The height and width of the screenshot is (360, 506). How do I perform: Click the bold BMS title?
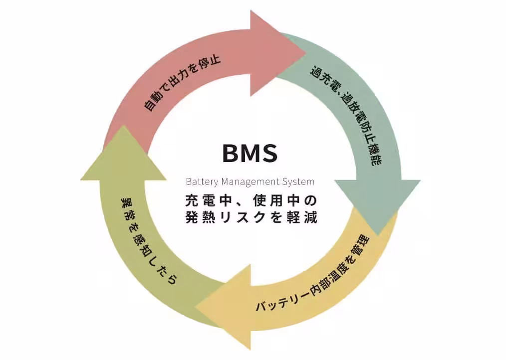pos(250,153)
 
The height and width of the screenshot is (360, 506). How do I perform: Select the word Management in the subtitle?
pos(247,182)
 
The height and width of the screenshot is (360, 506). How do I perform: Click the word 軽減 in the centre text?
pos(303,218)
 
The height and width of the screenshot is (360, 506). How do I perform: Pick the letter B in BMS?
pos(231,153)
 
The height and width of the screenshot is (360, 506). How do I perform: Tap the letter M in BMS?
pos(249,153)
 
